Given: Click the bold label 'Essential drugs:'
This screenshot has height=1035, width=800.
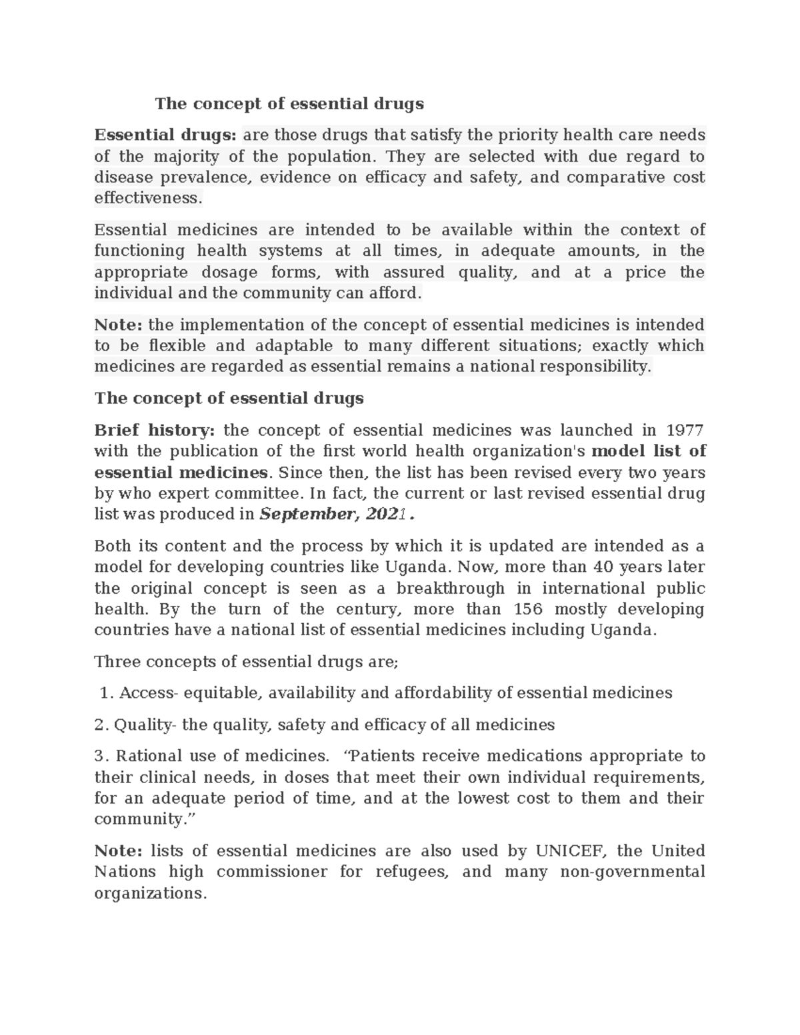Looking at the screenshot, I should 165,135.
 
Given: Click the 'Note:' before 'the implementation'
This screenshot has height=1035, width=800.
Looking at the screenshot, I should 119,325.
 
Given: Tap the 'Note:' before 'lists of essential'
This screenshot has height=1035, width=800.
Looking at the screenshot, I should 119,851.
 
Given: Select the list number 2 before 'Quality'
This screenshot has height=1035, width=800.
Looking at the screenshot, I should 100,724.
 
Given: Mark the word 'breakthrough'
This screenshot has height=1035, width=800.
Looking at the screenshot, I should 451,588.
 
